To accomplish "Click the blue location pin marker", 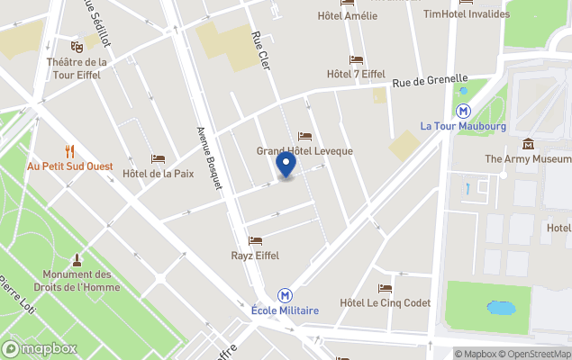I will [x=286, y=165].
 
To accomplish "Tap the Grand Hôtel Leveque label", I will [x=304, y=151].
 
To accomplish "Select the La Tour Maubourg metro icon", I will [x=464, y=111].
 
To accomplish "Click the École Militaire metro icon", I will [x=285, y=295].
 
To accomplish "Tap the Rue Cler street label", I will [x=260, y=53].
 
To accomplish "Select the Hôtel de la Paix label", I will [x=158, y=174].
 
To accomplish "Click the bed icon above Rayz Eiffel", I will [x=255, y=241].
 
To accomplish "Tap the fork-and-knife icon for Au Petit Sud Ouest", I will [x=68, y=151].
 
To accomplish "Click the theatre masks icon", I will [x=77, y=47].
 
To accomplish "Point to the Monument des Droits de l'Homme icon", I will [x=77, y=259].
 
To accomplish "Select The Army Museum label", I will [x=528, y=159].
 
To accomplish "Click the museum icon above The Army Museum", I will [x=528, y=144].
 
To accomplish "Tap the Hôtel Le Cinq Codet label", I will [x=386, y=303].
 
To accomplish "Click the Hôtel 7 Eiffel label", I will [x=357, y=74].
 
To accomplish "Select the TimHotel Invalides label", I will [x=466, y=13].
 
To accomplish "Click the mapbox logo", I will [x=40, y=348].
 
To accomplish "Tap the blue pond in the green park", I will [x=500, y=308].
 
